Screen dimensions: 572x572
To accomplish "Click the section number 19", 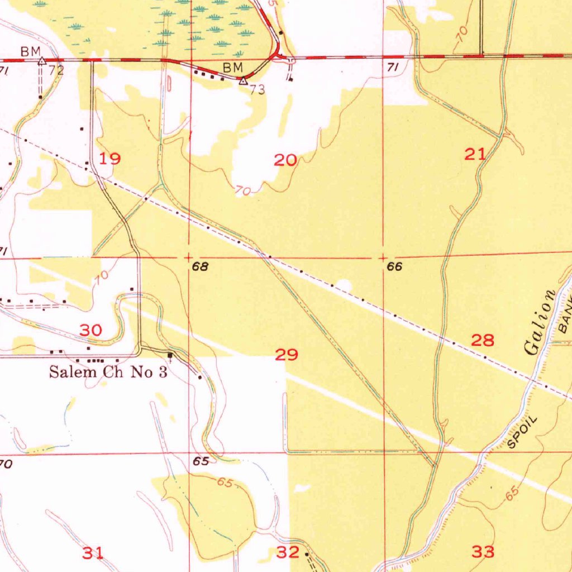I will pos(109,159).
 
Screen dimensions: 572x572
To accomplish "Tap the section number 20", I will pos(285,161).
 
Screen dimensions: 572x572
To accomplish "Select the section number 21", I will pos(475,155).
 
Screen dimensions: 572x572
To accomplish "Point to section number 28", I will pos(483,340).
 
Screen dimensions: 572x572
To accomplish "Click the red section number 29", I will pos(287,354).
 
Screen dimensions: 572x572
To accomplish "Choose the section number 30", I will pos(90,330).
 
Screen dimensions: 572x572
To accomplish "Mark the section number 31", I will pos(93,553).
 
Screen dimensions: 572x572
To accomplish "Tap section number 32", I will pos(288,552).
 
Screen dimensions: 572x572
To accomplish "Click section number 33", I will pos(483,552).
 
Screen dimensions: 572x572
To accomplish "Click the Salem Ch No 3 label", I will pos(108,373).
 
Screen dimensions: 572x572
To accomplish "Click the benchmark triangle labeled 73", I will pos(243,81).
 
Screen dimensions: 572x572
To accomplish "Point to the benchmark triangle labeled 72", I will pos(41,61).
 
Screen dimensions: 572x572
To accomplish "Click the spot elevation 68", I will pos(200,268).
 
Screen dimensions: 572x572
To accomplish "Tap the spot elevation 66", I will pos(394,268).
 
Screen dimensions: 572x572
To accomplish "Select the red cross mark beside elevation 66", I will pos(383,258).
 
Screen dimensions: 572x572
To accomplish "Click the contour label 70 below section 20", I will pos(243,190).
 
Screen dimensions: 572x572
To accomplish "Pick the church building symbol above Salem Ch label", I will pos(170,355).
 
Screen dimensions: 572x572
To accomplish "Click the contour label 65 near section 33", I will pos(513,493).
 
